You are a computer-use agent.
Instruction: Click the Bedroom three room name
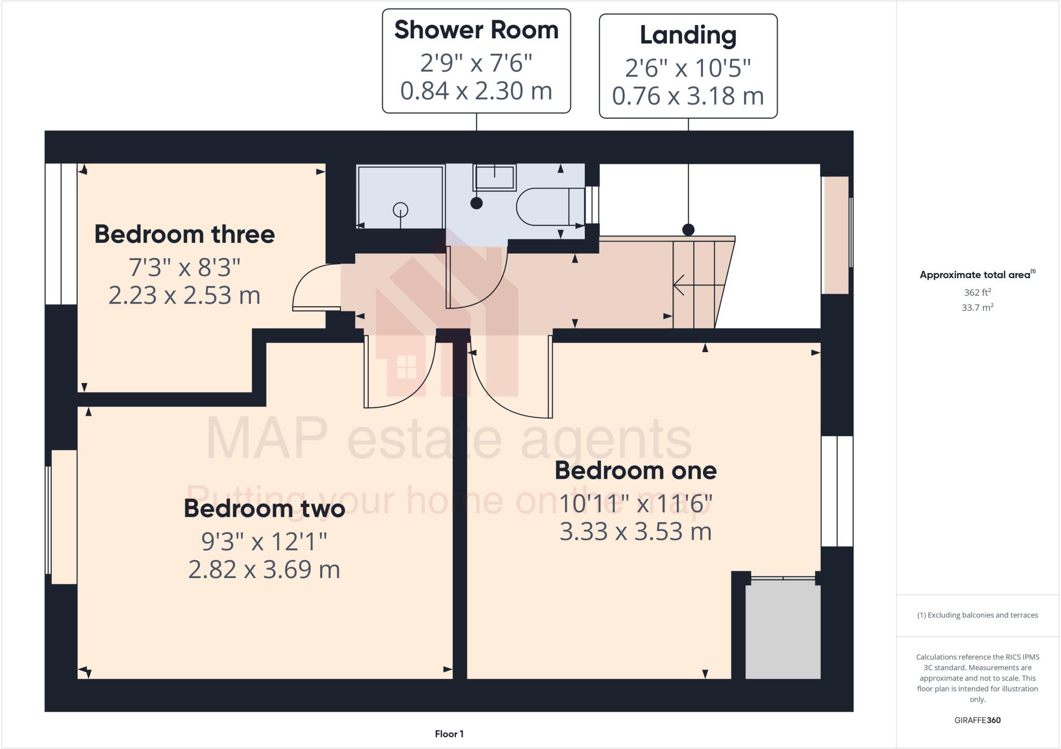(184, 234)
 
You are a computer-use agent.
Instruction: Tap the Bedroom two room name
(264, 508)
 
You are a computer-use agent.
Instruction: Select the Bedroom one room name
(636, 470)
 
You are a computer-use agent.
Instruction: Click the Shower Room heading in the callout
(476, 30)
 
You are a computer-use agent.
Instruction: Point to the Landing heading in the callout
(688, 35)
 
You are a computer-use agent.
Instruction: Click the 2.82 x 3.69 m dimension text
(264, 570)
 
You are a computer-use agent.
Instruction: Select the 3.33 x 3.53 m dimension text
(636, 532)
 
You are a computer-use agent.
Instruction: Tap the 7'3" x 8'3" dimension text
(184, 268)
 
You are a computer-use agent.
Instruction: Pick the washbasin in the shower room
(494, 177)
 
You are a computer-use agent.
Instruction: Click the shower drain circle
(400, 210)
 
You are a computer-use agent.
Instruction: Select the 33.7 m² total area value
(977, 308)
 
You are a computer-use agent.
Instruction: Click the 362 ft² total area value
(977, 292)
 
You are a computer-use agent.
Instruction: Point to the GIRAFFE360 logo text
(977, 720)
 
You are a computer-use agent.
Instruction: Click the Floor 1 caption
(449, 734)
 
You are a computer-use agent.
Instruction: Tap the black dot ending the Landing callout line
(688, 229)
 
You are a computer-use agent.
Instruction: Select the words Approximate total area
(975, 275)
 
